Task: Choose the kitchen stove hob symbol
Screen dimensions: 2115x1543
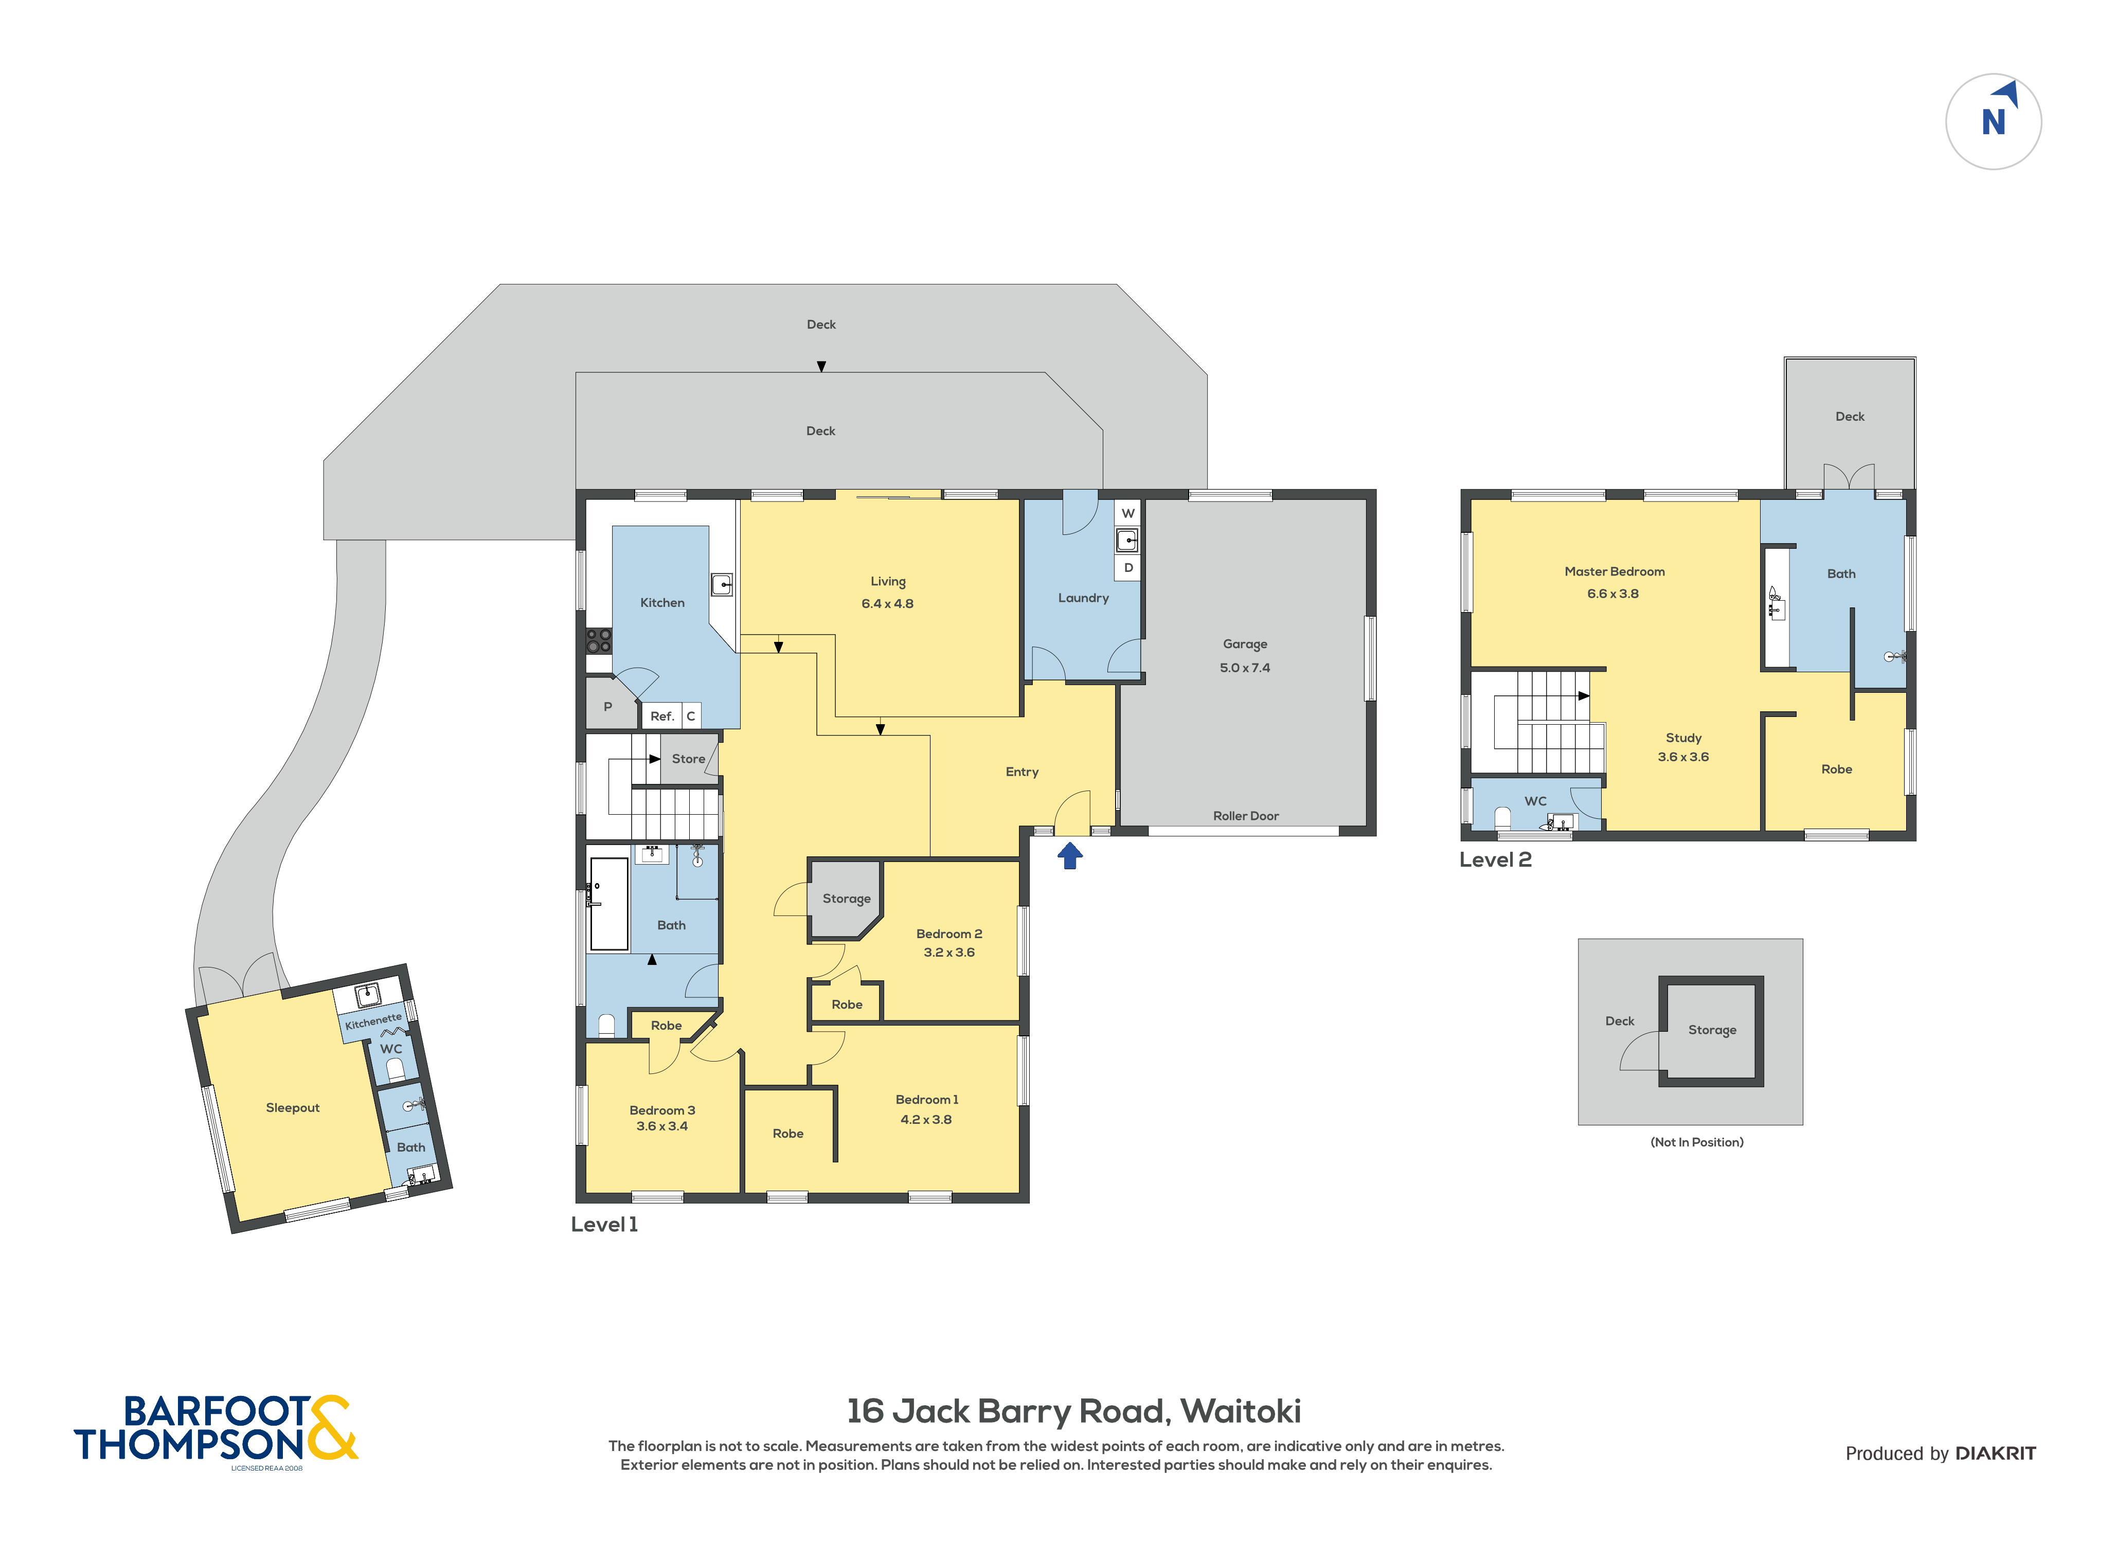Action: [x=599, y=641]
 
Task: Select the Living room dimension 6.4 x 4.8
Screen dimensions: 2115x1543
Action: [x=887, y=603]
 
